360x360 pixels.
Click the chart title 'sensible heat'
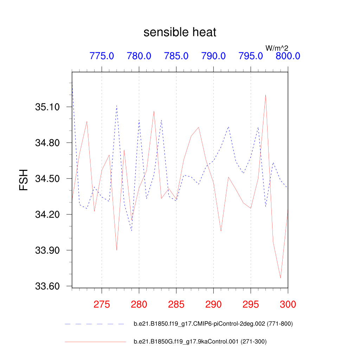(x=180, y=32)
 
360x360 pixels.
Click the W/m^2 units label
(x=277, y=48)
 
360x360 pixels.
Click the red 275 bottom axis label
(x=102, y=304)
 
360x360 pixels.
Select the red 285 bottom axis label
(x=176, y=304)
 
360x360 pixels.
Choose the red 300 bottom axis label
(x=288, y=304)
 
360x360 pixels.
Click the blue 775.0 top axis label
(x=102, y=56)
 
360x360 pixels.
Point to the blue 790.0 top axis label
(x=213, y=56)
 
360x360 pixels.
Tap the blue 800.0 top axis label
(x=288, y=56)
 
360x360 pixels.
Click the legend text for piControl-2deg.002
(x=213, y=324)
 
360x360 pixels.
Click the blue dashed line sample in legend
(x=95, y=324)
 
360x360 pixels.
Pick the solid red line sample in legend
(x=95, y=341)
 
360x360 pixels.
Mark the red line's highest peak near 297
(x=265, y=95)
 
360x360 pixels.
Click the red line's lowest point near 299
(x=281, y=278)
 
